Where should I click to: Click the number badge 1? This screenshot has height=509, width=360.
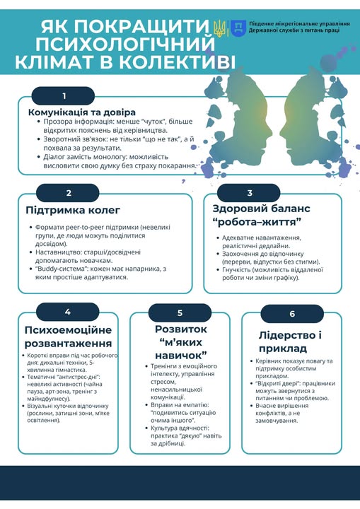click(64, 96)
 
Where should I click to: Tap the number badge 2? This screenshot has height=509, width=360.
click(68, 193)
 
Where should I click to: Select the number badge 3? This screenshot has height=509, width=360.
click(249, 193)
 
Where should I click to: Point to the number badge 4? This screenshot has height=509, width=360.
click(67, 312)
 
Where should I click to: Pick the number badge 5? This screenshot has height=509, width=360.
click(180, 312)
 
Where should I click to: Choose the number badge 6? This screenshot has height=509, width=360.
click(292, 314)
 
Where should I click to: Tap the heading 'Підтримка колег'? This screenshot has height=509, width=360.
click(73, 210)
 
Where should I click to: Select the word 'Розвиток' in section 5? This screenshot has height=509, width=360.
click(180, 329)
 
